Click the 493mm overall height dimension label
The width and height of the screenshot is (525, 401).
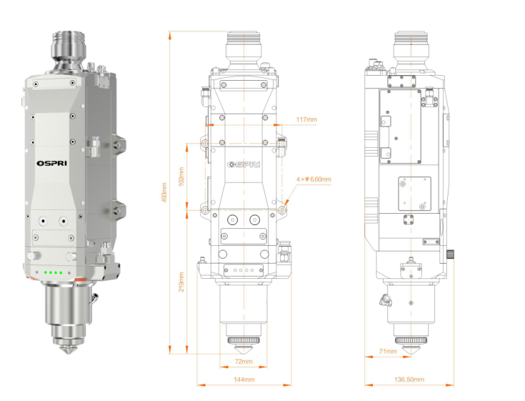(164, 192)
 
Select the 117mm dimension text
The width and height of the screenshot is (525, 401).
(306, 119)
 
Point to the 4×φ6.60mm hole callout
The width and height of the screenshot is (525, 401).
(314, 179)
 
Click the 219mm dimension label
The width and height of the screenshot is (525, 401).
(181, 281)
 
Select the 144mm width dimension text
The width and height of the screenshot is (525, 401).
(244, 380)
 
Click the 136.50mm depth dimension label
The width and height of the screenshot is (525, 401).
(410, 380)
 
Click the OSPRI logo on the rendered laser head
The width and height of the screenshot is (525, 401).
(51, 162)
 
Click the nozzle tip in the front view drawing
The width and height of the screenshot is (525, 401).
(244, 349)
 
